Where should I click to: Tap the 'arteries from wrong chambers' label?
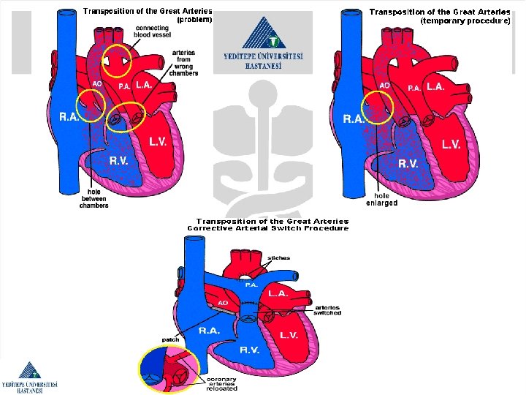pyautogui.click(x=184, y=63)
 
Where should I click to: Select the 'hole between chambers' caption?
pyautogui.click(x=94, y=198)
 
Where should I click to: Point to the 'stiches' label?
pyautogui.click(x=278, y=257)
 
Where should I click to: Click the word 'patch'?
pyautogui.click(x=170, y=339)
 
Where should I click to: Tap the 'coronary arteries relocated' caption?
pyautogui.click(x=222, y=384)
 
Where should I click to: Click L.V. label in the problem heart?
pyautogui.click(x=158, y=142)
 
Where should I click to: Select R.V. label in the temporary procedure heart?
pyautogui.click(x=408, y=163)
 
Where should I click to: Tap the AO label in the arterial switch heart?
pyautogui.click(x=224, y=302)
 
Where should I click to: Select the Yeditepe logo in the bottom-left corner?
pyautogui.click(x=29, y=377)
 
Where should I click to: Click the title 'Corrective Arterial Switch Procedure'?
pyautogui.click(x=268, y=228)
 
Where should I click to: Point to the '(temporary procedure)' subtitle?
pyautogui.click(x=465, y=21)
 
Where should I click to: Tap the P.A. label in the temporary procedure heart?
pyautogui.click(x=413, y=88)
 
